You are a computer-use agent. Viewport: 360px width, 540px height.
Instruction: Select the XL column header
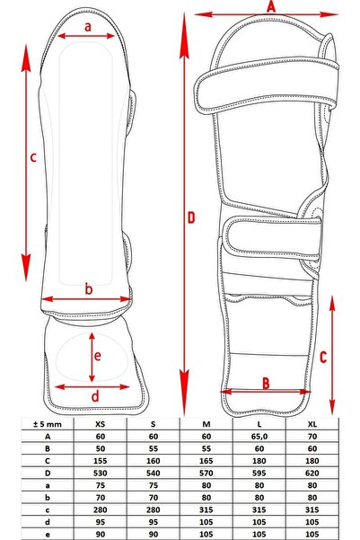coord(312,425)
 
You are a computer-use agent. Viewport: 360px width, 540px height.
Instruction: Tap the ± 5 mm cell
coord(36,425)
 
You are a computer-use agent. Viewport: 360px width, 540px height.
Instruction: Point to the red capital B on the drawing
coord(266,384)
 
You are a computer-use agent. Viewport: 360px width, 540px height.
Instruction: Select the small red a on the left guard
coord(88,27)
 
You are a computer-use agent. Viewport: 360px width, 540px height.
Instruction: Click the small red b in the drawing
coord(88,289)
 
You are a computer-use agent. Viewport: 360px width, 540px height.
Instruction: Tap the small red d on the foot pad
coord(95,395)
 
